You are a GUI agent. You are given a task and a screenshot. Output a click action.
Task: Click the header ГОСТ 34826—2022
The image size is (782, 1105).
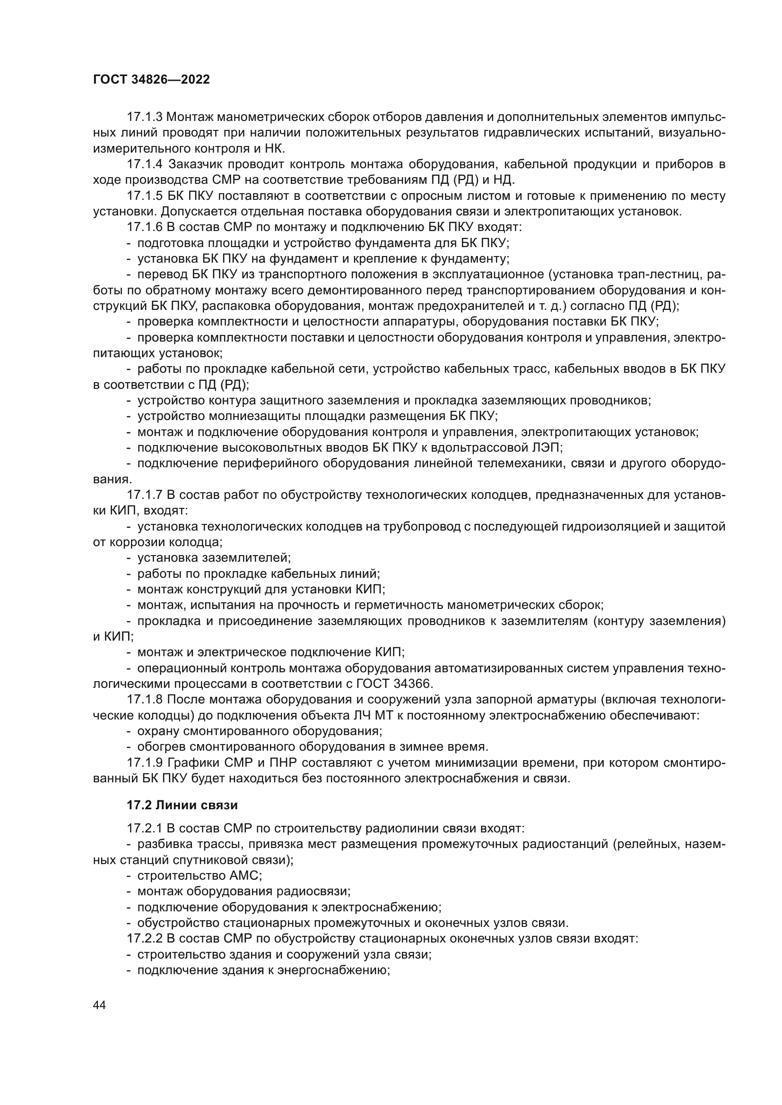click(151, 80)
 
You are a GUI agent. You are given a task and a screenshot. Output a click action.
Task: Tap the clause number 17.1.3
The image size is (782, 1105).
click(145, 117)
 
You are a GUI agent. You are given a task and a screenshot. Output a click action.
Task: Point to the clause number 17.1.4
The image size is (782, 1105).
click(145, 164)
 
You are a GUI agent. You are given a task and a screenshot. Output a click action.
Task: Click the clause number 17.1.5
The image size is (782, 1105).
click(145, 197)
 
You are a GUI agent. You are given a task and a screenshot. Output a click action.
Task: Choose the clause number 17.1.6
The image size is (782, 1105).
click(145, 228)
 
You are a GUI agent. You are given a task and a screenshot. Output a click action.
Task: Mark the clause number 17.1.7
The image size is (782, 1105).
click(145, 495)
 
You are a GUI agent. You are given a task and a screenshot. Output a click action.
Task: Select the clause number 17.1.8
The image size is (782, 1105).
click(145, 699)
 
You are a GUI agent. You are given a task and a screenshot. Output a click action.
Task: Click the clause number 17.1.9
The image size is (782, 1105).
click(145, 763)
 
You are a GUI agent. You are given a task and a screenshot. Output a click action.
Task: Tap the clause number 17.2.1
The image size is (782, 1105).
click(145, 829)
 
